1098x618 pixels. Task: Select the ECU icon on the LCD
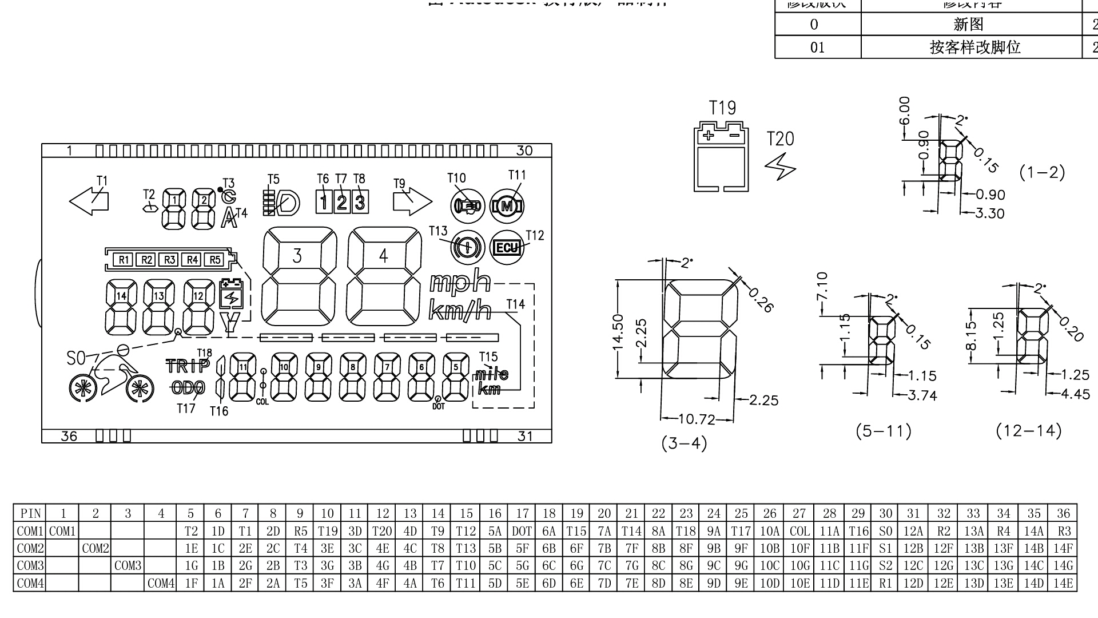pyautogui.click(x=507, y=248)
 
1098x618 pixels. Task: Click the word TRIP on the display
pyautogui.click(x=188, y=366)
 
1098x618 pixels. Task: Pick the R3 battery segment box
pyautogui.click(x=170, y=260)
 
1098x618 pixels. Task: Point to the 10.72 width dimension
pyautogui.click(x=696, y=420)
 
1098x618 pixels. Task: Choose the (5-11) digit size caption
pyautogui.click(x=884, y=431)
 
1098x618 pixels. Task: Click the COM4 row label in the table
pyautogui.click(x=30, y=584)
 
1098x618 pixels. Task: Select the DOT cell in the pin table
pyautogui.click(x=522, y=531)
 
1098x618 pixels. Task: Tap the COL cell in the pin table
pyautogui.click(x=799, y=531)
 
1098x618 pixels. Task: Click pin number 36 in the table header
pyautogui.click(x=1063, y=513)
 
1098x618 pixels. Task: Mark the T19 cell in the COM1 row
pyautogui.click(x=327, y=531)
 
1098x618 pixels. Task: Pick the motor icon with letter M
pyautogui.click(x=507, y=206)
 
